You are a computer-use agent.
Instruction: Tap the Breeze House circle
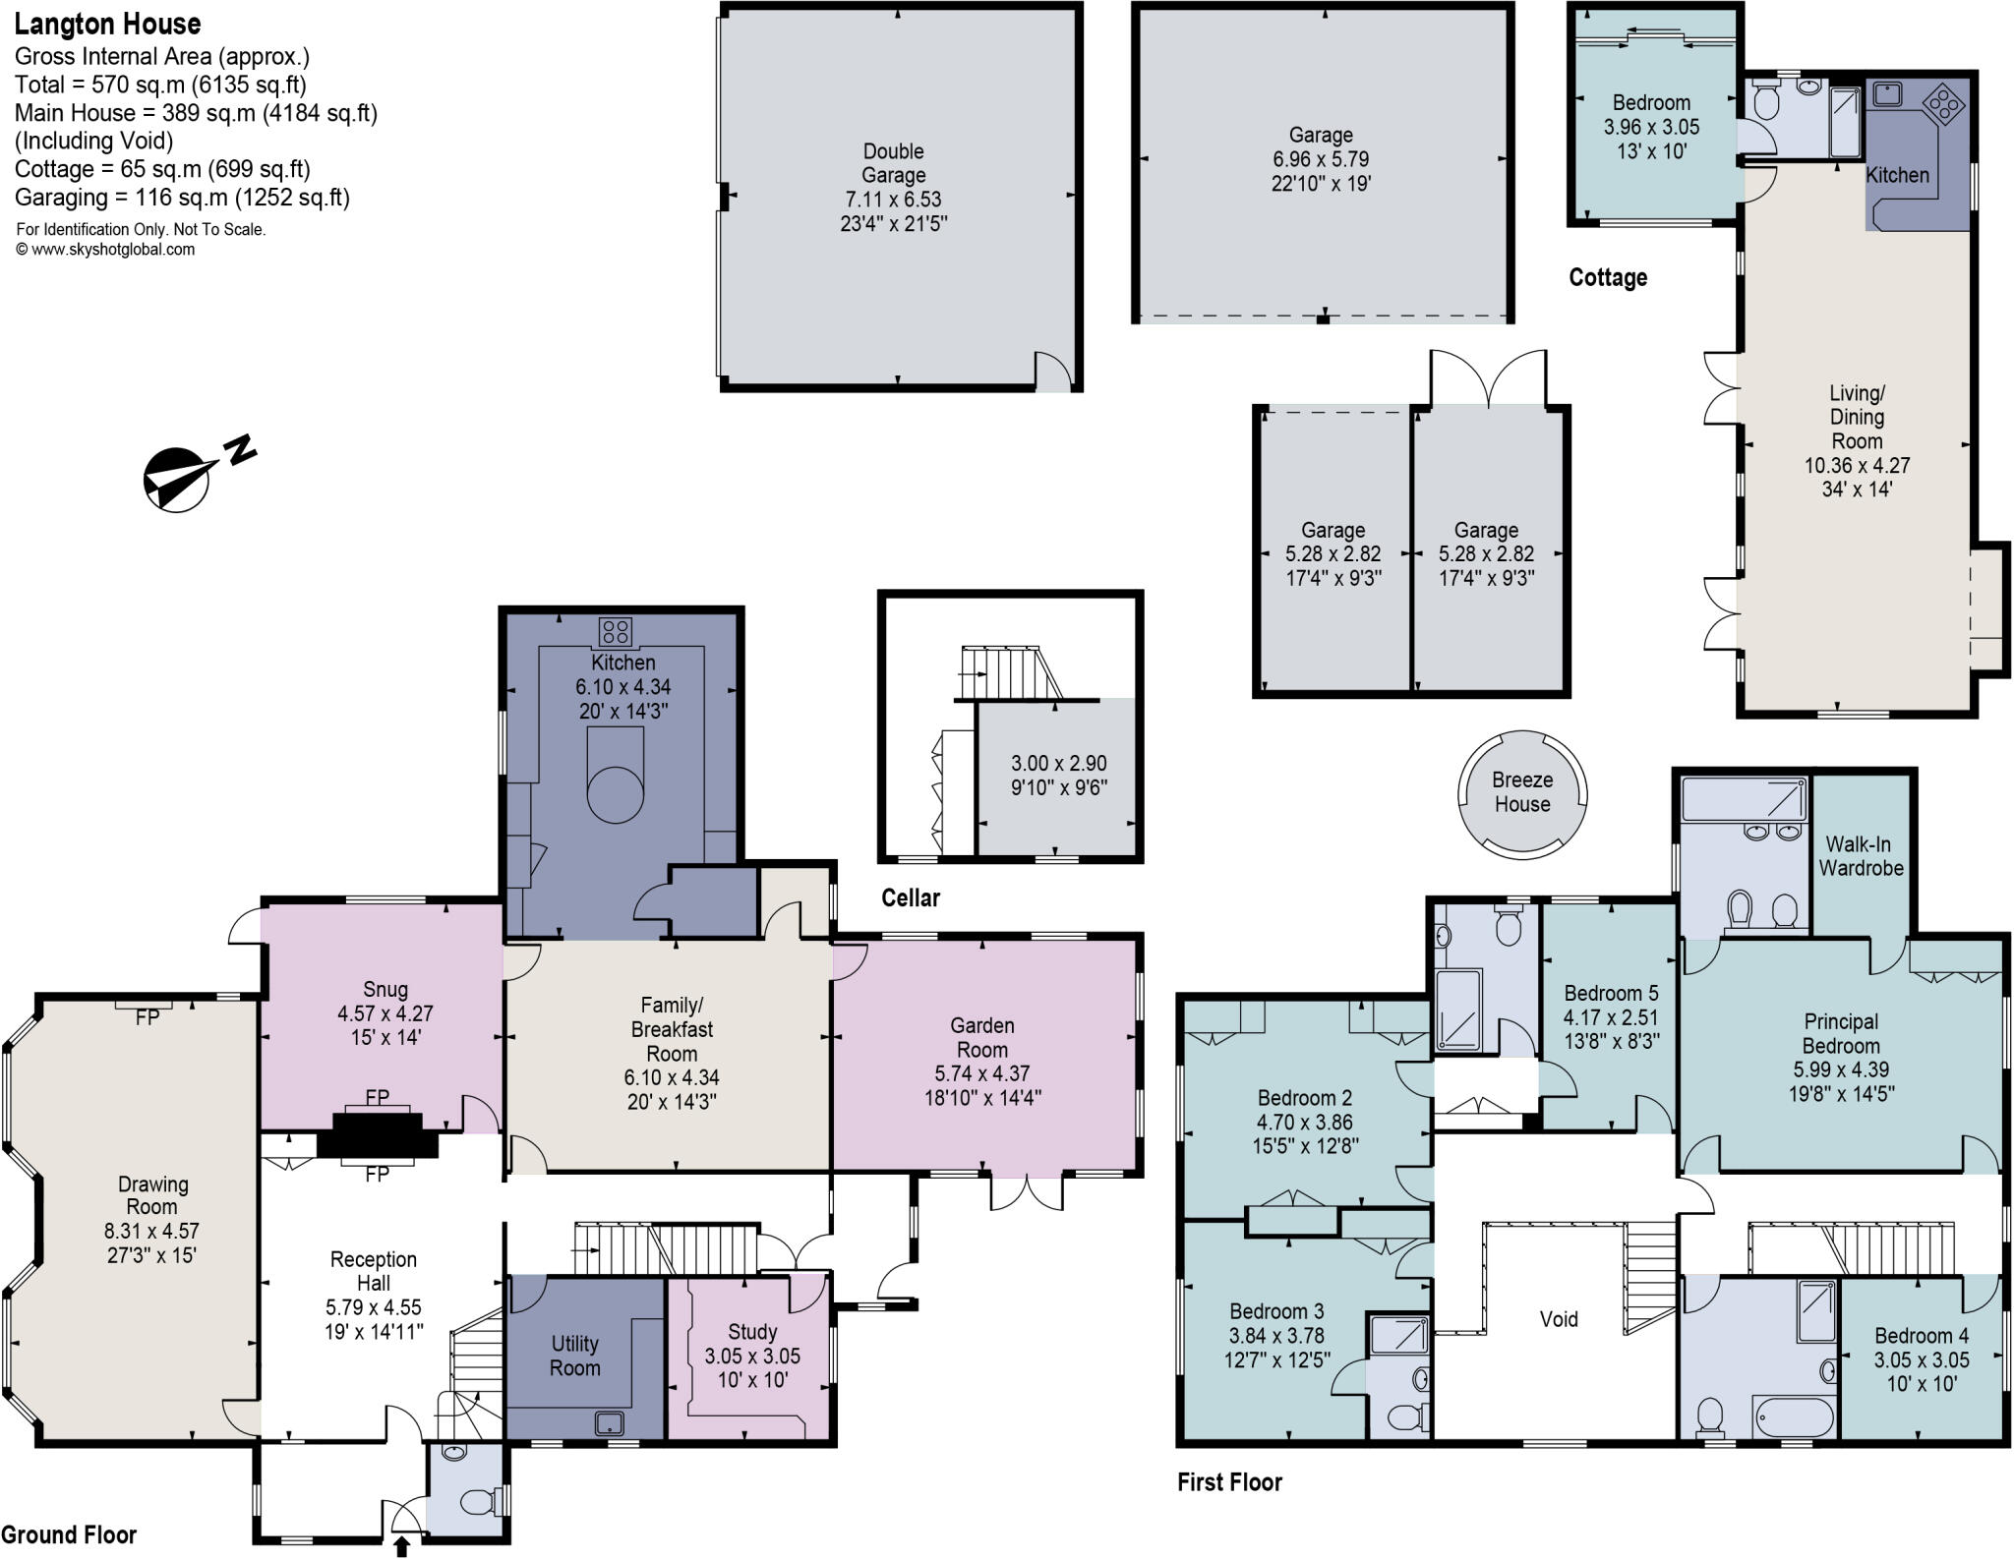click(1521, 791)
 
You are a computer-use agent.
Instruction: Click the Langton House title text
click(107, 24)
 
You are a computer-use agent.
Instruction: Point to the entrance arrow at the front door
click(401, 1546)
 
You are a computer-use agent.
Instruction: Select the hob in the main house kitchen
click(616, 630)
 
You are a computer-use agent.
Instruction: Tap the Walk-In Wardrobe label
click(1861, 855)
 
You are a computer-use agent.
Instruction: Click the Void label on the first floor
click(1559, 1319)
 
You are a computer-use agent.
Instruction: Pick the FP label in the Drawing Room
click(147, 1017)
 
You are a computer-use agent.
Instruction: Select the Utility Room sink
click(610, 1421)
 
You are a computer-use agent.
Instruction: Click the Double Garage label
click(893, 163)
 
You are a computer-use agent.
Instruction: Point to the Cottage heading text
click(1608, 278)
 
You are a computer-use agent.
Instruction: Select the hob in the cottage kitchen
click(1943, 102)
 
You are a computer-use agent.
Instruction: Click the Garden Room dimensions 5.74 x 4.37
click(981, 1073)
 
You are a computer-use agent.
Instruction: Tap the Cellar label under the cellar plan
click(910, 897)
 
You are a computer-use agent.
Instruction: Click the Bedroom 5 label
click(1611, 993)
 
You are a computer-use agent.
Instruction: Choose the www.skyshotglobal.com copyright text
click(105, 250)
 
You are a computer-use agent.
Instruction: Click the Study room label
click(752, 1332)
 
